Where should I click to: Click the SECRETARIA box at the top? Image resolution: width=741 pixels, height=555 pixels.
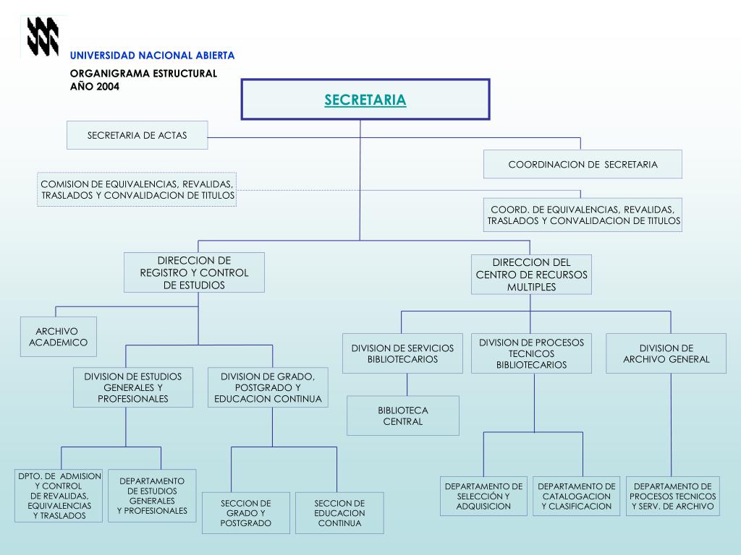click(x=365, y=100)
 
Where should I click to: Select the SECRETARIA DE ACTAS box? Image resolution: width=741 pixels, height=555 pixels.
click(x=137, y=135)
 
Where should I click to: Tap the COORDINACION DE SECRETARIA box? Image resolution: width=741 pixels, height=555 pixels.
click(x=583, y=164)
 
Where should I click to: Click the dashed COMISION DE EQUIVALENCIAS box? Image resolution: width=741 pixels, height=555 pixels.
click(x=137, y=189)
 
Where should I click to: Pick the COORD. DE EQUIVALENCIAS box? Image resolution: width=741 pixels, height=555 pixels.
click(x=583, y=215)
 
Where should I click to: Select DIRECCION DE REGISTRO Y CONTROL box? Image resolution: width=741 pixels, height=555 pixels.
click(x=194, y=272)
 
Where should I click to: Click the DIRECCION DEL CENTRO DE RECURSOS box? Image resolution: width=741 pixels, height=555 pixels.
click(x=531, y=275)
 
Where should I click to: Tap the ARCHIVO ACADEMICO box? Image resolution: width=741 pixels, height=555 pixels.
click(x=59, y=337)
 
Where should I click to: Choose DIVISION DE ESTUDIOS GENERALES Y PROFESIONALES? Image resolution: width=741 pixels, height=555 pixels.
click(x=133, y=387)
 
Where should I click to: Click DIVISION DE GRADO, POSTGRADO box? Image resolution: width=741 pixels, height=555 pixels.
click(x=268, y=387)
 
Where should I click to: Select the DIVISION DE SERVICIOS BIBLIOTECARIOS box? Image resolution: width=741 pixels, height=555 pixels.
click(x=402, y=353)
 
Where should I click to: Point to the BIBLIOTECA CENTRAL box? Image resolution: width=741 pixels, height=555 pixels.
click(x=402, y=416)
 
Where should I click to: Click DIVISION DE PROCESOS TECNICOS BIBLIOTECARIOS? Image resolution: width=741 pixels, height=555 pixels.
click(x=531, y=353)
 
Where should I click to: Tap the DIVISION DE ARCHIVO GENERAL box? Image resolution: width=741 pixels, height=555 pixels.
click(x=666, y=353)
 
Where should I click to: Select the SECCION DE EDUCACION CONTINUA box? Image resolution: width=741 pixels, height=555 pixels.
click(x=339, y=513)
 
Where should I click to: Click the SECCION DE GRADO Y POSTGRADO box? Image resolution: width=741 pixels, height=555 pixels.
click(x=246, y=513)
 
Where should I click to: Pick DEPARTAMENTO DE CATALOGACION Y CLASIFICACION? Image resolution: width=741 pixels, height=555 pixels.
click(x=577, y=496)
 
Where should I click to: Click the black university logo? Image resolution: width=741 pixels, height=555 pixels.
click(x=43, y=36)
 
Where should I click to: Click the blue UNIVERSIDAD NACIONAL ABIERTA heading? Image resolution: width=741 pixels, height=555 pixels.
click(x=152, y=56)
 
